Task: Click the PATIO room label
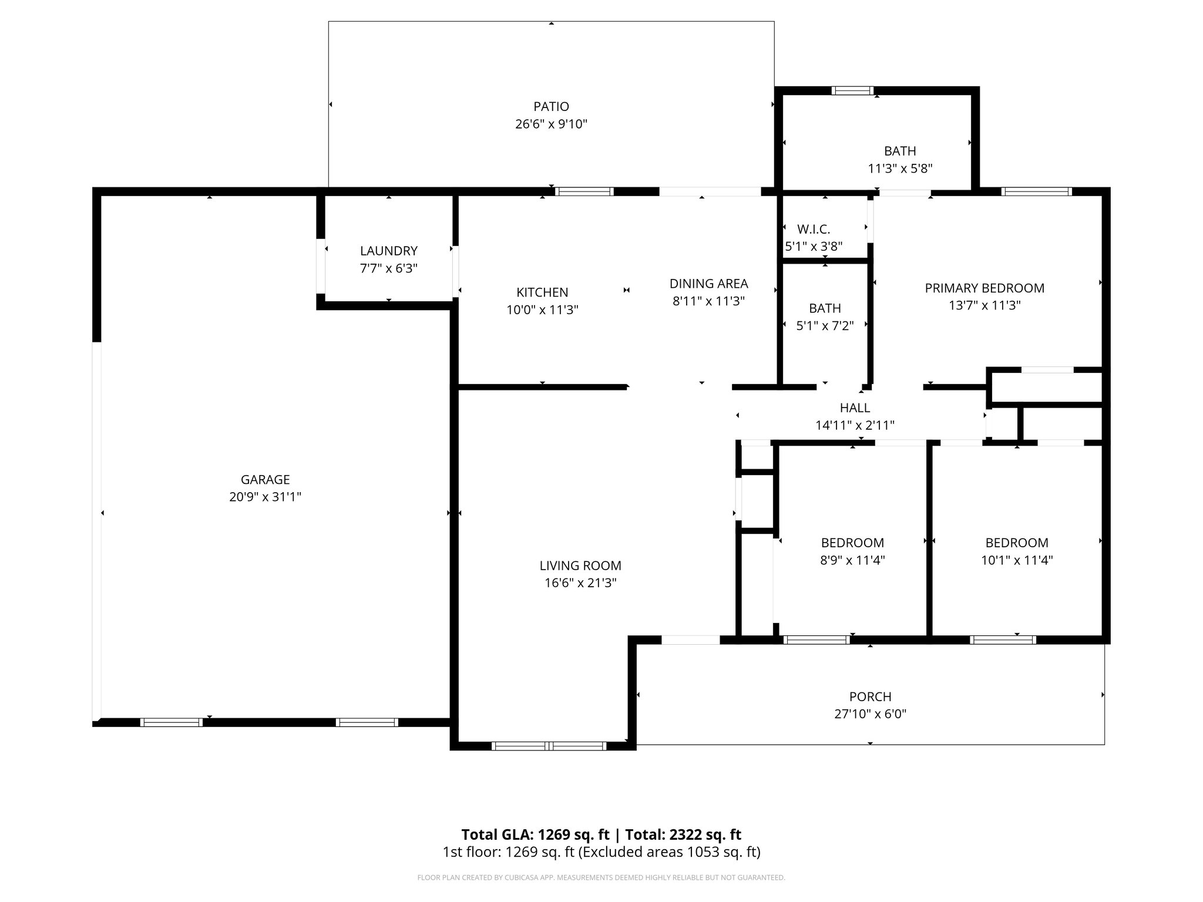pos(551,106)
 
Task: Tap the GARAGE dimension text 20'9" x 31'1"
pos(265,497)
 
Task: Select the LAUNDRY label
pos(388,251)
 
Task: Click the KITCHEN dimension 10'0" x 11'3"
pos(542,309)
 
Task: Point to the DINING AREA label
pos(708,284)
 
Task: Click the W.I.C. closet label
pos(814,229)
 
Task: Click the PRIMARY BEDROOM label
pos(984,288)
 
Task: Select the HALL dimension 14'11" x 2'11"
pos(855,425)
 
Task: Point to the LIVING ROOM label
pos(580,566)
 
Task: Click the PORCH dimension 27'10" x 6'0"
pos(870,714)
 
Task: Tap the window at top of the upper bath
pos(852,90)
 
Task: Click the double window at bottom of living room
pos(549,746)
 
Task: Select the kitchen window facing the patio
pos(584,191)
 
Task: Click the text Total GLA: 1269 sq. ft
pos(535,834)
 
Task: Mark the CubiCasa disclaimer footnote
pos(601,878)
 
